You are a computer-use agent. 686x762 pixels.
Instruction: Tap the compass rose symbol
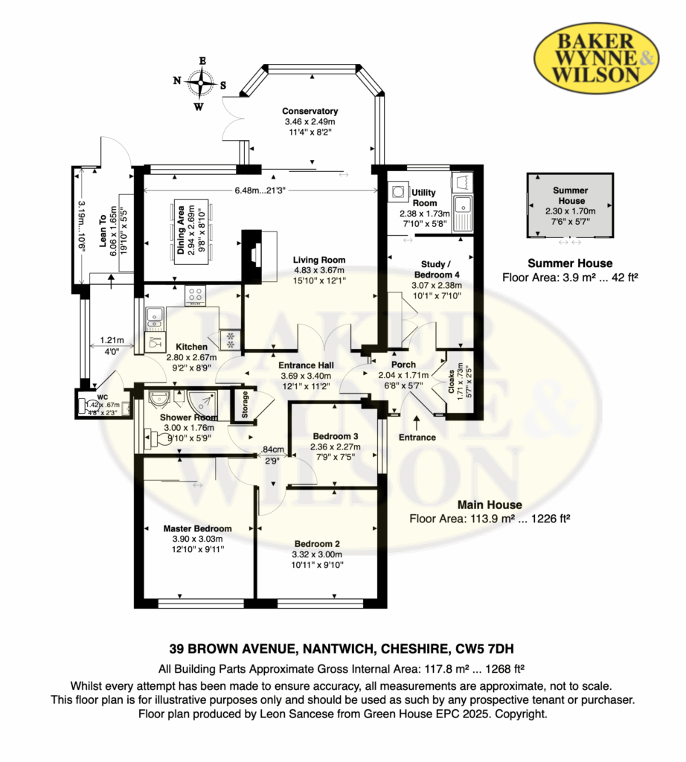(200, 83)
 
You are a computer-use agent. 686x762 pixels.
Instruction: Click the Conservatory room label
(310, 112)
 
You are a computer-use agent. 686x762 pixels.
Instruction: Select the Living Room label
(319, 260)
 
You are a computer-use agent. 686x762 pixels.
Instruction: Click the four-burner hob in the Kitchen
(195, 295)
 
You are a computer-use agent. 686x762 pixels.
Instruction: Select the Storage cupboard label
(245, 404)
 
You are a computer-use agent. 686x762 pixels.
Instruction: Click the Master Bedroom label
(197, 529)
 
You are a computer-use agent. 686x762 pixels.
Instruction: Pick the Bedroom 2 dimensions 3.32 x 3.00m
(317, 554)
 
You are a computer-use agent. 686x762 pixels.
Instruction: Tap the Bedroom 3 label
(336, 436)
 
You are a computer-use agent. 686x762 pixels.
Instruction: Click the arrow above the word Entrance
(417, 423)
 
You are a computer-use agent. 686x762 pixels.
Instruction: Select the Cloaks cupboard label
(451, 382)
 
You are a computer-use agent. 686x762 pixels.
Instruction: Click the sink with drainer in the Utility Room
(463, 212)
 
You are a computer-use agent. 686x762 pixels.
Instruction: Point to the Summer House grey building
(571, 205)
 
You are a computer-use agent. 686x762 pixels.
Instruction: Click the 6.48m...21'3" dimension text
(260, 190)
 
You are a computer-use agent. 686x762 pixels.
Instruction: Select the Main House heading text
(490, 505)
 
